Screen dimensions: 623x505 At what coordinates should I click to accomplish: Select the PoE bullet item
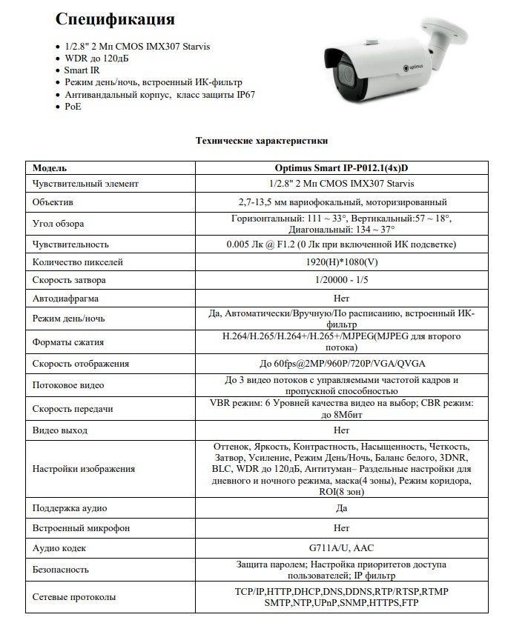coord(73,107)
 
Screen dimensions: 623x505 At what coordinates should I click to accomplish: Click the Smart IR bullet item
coord(82,70)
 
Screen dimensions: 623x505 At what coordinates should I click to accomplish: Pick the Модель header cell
coord(50,167)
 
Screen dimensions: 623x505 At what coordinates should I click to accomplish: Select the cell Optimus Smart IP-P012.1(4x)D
coord(341,167)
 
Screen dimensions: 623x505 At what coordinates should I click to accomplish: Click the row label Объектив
coord(53,202)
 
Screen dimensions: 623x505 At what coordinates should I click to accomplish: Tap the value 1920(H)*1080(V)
coord(341,261)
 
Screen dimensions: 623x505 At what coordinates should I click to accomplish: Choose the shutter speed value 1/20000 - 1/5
coord(341,280)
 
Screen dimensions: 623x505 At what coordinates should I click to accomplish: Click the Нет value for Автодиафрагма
coord(341,299)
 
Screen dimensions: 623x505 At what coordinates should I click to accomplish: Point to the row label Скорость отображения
coord(81,364)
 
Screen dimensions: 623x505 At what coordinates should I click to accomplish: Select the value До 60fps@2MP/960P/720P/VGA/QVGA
coord(341,364)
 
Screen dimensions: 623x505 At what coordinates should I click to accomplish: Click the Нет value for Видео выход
coord(341,430)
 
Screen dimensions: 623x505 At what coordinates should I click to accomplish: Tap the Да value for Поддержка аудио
coord(341,508)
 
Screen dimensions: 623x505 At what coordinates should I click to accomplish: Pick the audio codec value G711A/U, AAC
coord(341,548)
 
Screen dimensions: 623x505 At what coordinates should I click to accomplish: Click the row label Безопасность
coord(61,570)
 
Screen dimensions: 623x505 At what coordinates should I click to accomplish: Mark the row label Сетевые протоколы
coord(74,597)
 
